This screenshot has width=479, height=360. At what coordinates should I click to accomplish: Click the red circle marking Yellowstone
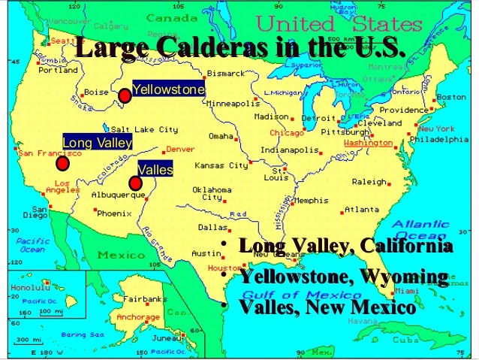pyautogui.click(x=125, y=95)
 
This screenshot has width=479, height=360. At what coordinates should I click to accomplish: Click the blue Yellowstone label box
pyautogui.click(x=169, y=90)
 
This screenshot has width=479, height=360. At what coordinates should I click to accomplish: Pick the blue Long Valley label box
pyautogui.click(x=98, y=142)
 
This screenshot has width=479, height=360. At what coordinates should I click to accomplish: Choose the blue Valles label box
pyautogui.click(x=155, y=170)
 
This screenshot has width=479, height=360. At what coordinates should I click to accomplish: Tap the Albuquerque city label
pyautogui.click(x=118, y=195)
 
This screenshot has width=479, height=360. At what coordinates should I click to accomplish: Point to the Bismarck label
pyautogui.click(x=226, y=74)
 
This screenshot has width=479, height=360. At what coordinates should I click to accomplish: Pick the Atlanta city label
pyautogui.click(x=362, y=210)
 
